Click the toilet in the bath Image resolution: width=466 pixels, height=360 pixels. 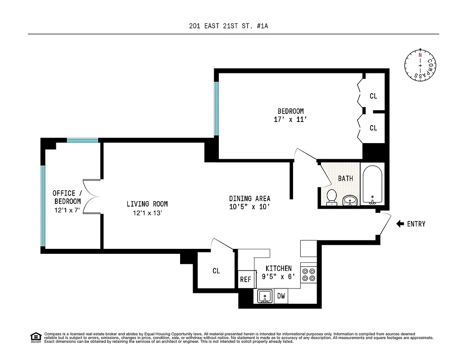pyautogui.click(x=332, y=197)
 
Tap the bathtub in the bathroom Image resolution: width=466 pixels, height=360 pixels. pyautogui.click(x=372, y=184)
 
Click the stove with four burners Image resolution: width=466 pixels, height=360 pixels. pyautogui.click(x=309, y=274)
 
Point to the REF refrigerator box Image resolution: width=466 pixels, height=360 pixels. pyautogui.click(x=245, y=279)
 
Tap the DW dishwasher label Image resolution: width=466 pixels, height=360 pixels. pyautogui.click(x=281, y=296)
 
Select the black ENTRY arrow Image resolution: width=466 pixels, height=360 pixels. pyautogui.click(x=400, y=224)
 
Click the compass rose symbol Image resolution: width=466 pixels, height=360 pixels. pyautogui.click(x=420, y=66)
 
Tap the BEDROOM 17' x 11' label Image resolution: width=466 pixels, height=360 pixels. pyautogui.click(x=290, y=115)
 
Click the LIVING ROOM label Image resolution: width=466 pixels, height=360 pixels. pyautogui.click(x=147, y=208)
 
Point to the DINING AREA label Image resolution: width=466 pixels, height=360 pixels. pyautogui.click(x=249, y=202)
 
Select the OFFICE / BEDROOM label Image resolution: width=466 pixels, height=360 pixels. pyautogui.click(x=67, y=201)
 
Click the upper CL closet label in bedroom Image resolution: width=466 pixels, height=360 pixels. pyautogui.click(x=373, y=96)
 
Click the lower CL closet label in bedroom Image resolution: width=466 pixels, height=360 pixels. pyautogui.click(x=373, y=128)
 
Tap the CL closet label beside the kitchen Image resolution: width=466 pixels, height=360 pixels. pyautogui.click(x=216, y=271)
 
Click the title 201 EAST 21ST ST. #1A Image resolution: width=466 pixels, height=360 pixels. pyautogui.click(x=229, y=26)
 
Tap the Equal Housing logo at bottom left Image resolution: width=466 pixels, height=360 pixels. pyautogui.click(x=35, y=337)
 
